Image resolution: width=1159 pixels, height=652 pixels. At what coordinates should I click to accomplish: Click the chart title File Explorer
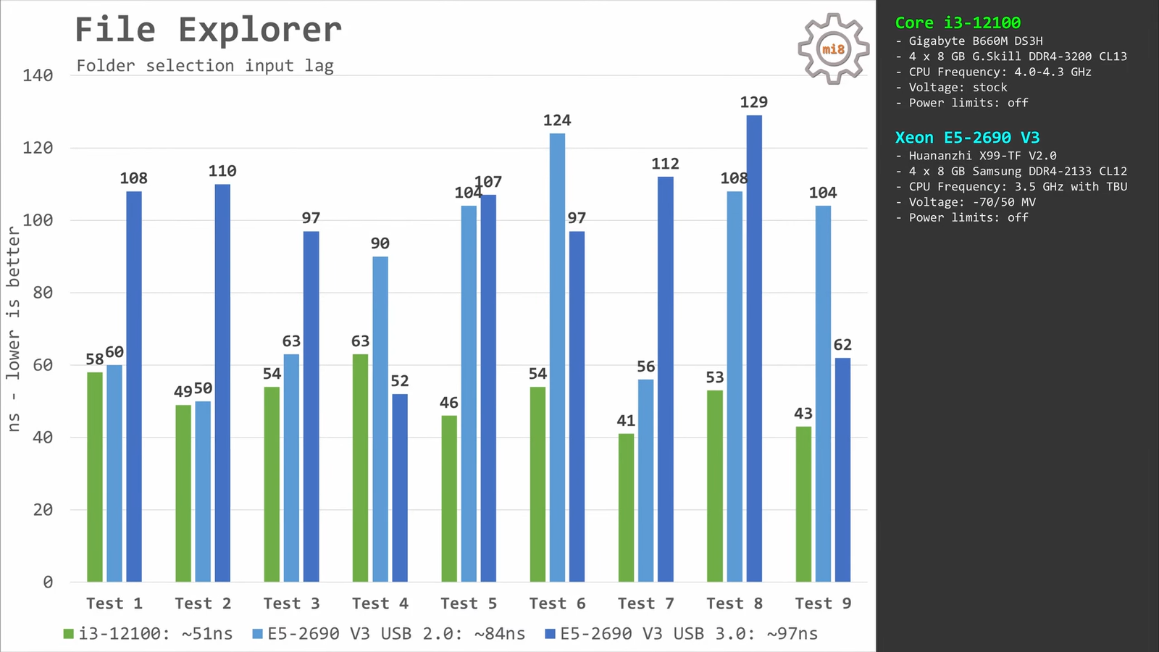[208, 31]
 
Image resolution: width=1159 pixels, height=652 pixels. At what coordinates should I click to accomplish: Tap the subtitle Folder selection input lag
[205, 66]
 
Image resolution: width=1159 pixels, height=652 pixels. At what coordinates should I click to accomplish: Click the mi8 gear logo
[833, 49]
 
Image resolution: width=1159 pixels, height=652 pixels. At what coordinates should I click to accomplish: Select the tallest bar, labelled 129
[754, 348]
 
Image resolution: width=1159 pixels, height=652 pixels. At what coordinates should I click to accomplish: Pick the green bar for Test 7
[626, 507]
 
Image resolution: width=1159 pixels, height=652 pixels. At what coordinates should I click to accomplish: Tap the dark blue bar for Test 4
[400, 488]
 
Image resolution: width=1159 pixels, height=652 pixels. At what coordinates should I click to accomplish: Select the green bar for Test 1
[95, 477]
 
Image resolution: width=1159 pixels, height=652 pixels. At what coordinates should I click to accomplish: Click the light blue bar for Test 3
[291, 467]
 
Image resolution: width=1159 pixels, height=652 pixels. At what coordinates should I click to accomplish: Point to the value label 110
[222, 171]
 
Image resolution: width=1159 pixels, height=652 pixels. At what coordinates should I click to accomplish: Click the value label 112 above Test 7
[665, 164]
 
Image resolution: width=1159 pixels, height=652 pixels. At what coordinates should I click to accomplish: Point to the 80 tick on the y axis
[43, 293]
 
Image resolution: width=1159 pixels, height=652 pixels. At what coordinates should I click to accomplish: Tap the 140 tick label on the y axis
[38, 75]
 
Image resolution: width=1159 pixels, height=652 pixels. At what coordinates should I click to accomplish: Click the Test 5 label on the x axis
[469, 603]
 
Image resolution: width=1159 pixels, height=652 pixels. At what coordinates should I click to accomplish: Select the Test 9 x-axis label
[823, 603]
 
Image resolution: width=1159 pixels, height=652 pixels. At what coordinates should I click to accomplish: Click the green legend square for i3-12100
[69, 634]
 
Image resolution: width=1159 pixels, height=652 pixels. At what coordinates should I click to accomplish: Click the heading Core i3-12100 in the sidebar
[958, 23]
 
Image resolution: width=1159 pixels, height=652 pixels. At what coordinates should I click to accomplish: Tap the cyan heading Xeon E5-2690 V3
[967, 138]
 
